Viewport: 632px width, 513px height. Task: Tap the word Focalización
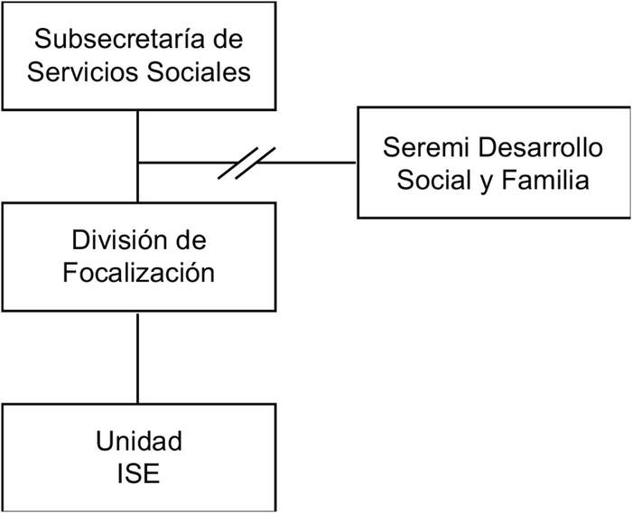point(138,272)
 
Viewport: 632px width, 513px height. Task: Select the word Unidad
point(138,442)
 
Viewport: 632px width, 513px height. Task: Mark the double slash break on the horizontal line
point(246,163)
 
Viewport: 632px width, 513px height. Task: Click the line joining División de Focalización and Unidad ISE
point(137,357)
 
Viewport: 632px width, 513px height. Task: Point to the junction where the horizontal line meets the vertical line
point(137,163)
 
